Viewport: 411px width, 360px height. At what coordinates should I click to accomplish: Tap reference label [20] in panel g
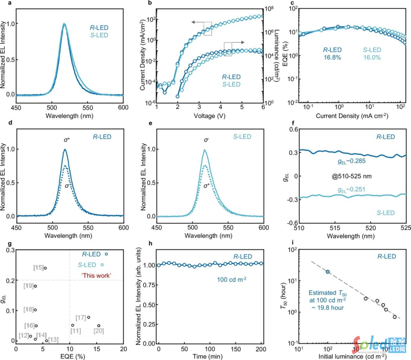tap(99, 331)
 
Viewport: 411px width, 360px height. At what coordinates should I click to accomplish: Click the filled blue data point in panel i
tap(328, 272)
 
